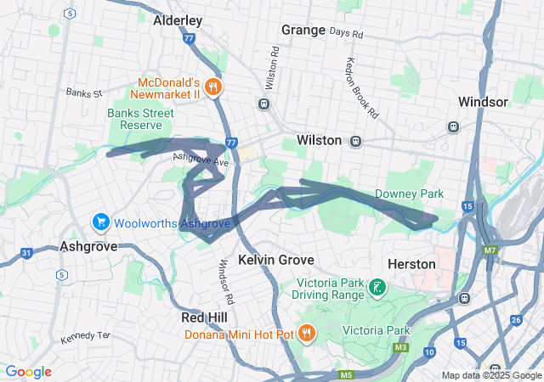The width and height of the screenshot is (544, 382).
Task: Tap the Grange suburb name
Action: pos(303,30)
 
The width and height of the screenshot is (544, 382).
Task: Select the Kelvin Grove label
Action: pos(276,260)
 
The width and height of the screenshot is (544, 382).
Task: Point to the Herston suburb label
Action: pos(411,264)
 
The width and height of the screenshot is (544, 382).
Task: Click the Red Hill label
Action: pos(204,317)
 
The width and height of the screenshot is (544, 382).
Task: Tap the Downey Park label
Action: pos(409,194)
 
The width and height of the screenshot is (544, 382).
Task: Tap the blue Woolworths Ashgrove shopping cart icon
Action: pos(100,222)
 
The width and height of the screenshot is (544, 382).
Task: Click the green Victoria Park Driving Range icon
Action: pos(376,289)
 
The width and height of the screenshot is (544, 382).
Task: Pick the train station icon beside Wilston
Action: pos(356,140)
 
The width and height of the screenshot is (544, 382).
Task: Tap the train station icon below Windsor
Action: pos(453,126)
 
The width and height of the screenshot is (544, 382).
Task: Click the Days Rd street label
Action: pos(346,34)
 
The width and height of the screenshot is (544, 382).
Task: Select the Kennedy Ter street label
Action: pos(85,337)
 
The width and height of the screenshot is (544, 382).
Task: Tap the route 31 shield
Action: pos(27,253)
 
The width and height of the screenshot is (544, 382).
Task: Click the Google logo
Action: pos(29,372)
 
